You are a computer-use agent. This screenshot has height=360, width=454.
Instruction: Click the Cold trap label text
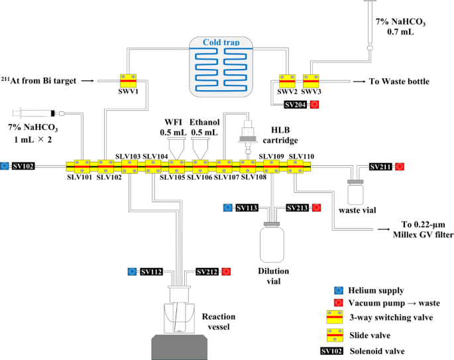(221, 42)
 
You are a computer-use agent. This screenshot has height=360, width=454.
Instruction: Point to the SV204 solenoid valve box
(296, 105)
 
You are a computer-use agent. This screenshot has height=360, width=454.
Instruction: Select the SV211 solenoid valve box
(380, 166)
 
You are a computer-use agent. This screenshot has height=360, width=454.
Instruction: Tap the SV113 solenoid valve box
(247, 208)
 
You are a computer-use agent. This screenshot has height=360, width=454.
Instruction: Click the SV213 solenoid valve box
(298, 208)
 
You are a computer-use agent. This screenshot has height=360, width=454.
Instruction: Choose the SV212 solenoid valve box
(207, 272)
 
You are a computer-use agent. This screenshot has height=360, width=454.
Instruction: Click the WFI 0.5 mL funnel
(176, 149)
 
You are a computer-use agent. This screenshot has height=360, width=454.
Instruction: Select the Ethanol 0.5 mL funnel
(201, 149)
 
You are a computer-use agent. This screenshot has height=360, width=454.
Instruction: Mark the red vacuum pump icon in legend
(339, 303)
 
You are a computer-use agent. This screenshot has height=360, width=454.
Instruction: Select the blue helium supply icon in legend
(339, 290)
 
